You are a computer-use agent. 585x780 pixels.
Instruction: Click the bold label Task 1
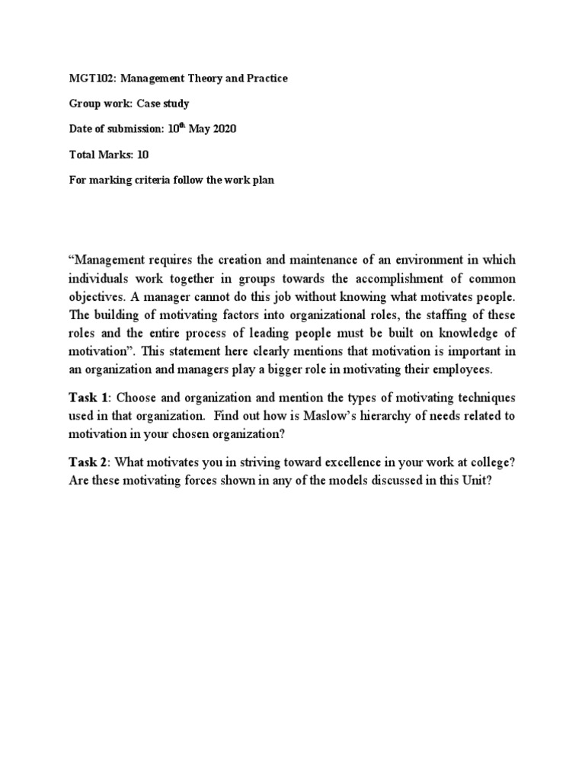coord(89,398)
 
